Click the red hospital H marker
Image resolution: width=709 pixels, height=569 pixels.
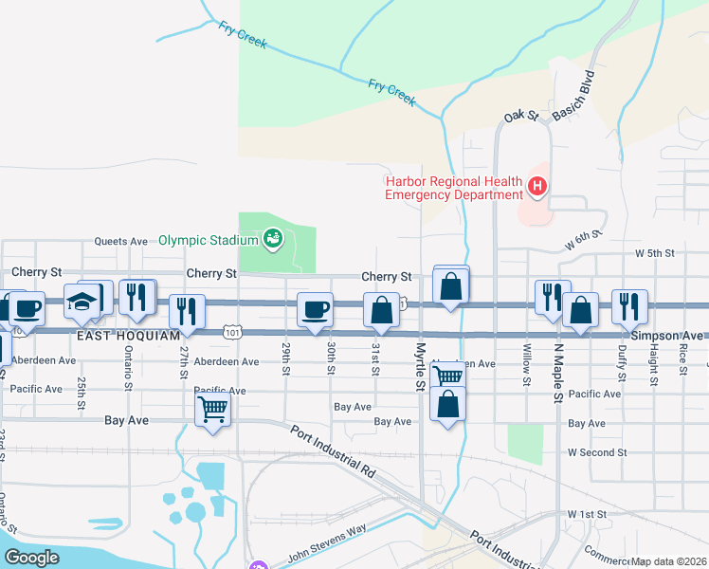(x=537, y=187)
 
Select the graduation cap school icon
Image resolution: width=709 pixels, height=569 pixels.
(x=82, y=302)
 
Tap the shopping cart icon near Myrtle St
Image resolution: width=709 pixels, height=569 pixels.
(x=447, y=376)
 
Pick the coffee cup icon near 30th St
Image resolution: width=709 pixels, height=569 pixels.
(x=315, y=309)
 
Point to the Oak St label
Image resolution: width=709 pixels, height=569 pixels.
(x=520, y=116)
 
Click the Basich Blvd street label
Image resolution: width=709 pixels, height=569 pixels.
(x=575, y=95)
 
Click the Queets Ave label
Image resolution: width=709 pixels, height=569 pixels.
(x=120, y=241)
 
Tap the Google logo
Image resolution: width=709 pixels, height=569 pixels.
(x=33, y=558)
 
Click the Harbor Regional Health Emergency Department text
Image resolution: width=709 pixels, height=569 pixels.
(x=453, y=188)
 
